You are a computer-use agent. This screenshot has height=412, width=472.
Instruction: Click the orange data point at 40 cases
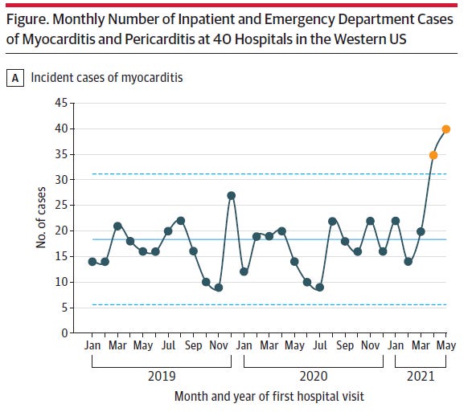(445, 129)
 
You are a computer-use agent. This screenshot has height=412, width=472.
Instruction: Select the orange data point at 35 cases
(433, 155)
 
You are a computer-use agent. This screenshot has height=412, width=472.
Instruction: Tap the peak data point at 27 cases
(232, 196)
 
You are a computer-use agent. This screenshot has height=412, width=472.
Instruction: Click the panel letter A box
(15, 78)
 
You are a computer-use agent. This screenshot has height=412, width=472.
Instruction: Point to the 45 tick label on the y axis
(61, 103)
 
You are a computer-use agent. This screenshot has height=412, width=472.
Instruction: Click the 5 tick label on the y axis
(64, 308)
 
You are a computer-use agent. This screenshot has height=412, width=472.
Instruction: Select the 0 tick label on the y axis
(64, 333)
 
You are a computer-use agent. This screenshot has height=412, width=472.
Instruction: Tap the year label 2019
(162, 376)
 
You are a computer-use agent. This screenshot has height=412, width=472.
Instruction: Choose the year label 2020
(314, 376)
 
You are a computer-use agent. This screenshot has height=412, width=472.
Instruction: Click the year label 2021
(421, 376)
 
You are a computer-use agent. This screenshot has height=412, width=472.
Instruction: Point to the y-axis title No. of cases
(41, 218)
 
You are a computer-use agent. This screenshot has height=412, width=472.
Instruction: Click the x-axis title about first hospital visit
(269, 397)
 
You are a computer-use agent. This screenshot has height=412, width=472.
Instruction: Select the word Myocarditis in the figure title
(59, 39)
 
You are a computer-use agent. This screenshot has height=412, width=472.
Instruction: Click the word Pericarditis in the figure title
(159, 39)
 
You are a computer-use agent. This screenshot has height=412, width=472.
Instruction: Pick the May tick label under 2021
(446, 345)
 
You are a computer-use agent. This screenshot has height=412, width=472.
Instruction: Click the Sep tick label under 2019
(193, 345)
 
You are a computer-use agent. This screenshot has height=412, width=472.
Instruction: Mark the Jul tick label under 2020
(320, 345)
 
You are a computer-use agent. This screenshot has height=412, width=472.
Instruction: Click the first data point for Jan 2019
(92, 262)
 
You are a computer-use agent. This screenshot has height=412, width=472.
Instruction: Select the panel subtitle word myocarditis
(152, 78)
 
